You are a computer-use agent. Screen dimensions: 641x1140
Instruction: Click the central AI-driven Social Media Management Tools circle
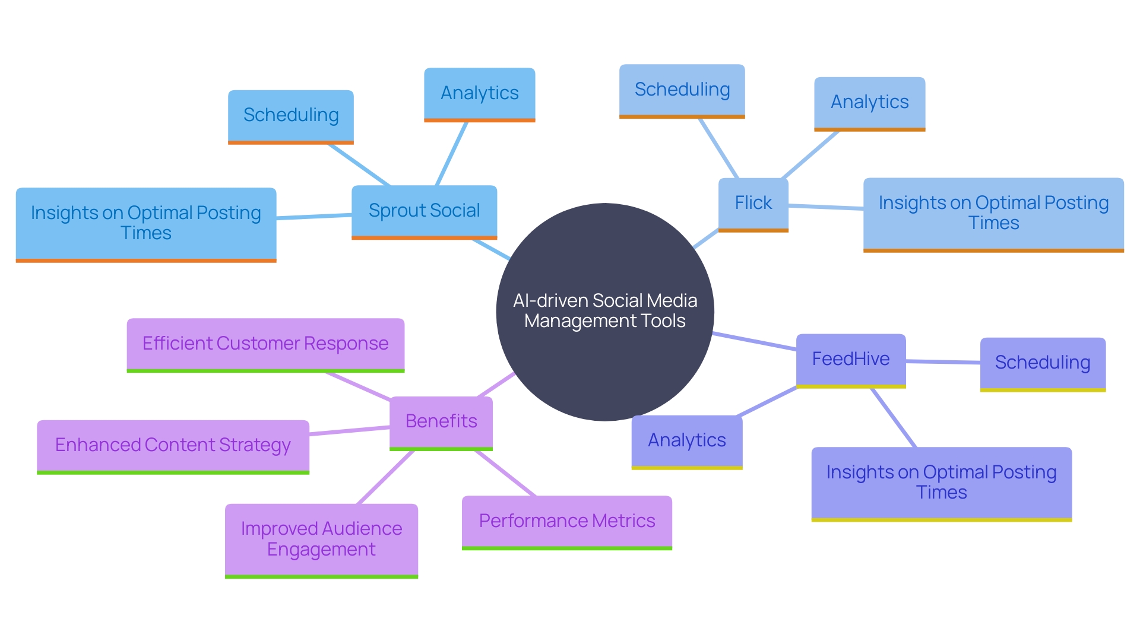click(604, 312)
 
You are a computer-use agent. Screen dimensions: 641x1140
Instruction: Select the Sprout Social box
click(424, 211)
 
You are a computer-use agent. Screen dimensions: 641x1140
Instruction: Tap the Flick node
click(753, 204)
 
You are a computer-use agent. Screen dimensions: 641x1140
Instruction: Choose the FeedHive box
click(850, 360)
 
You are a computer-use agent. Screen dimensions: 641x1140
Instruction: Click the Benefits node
click(441, 422)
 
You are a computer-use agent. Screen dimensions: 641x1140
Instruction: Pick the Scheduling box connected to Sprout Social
click(290, 116)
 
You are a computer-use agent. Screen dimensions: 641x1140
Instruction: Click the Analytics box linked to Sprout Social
click(479, 94)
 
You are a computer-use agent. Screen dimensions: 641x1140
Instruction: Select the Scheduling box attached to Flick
click(682, 90)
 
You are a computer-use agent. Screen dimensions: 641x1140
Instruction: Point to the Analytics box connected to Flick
click(869, 103)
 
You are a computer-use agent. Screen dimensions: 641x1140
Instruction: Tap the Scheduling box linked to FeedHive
click(1042, 363)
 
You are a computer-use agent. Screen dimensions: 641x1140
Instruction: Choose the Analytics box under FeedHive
click(686, 441)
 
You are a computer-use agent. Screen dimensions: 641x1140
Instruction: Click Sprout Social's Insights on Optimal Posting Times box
click(145, 224)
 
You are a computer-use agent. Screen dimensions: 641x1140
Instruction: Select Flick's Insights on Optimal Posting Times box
click(993, 214)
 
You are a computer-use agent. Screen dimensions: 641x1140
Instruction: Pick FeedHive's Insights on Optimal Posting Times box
click(941, 483)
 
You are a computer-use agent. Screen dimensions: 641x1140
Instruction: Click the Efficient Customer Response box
click(265, 344)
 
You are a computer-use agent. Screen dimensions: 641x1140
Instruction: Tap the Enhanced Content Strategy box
click(173, 446)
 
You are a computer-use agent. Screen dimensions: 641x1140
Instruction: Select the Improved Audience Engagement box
click(321, 540)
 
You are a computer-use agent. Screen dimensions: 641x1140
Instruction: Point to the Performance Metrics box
click(566, 522)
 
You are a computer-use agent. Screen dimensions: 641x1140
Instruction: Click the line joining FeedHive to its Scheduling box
click(943, 361)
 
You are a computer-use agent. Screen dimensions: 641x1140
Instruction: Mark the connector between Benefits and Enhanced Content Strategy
click(349, 431)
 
